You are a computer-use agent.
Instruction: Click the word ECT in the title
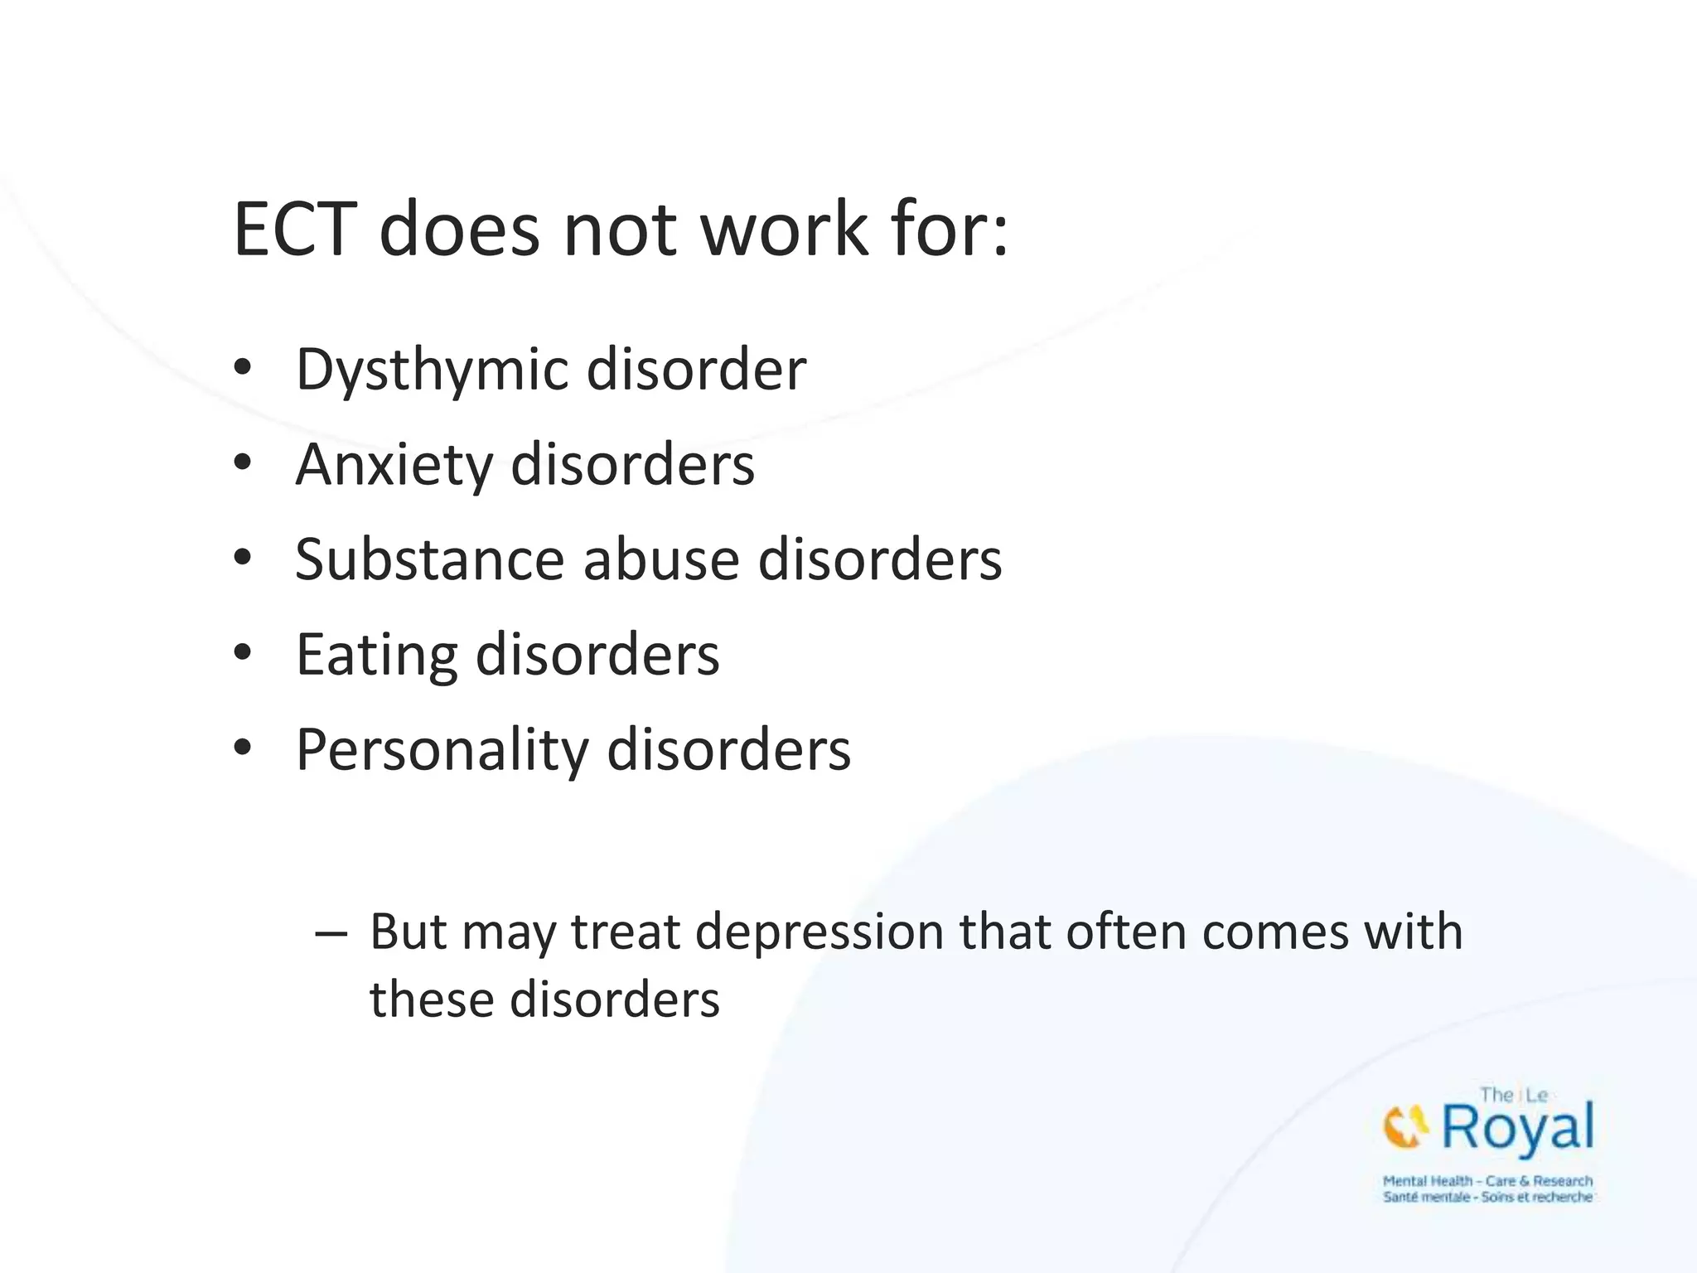tap(295, 230)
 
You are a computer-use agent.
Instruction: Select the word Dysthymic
tap(431, 370)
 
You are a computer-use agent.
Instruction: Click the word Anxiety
tap(394, 464)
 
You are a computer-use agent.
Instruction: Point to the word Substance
tap(429, 559)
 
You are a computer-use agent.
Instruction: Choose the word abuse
tap(660, 559)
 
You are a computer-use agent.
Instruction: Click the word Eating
tap(376, 655)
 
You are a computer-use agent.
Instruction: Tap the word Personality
tap(442, 750)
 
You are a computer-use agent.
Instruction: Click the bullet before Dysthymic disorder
tap(242, 367)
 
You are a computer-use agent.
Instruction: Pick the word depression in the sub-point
tap(819, 932)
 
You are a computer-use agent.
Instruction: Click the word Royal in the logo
tap(1517, 1128)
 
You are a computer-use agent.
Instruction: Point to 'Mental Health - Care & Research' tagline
tap(1487, 1181)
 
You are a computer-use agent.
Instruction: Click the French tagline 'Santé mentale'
tap(1426, 1198)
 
